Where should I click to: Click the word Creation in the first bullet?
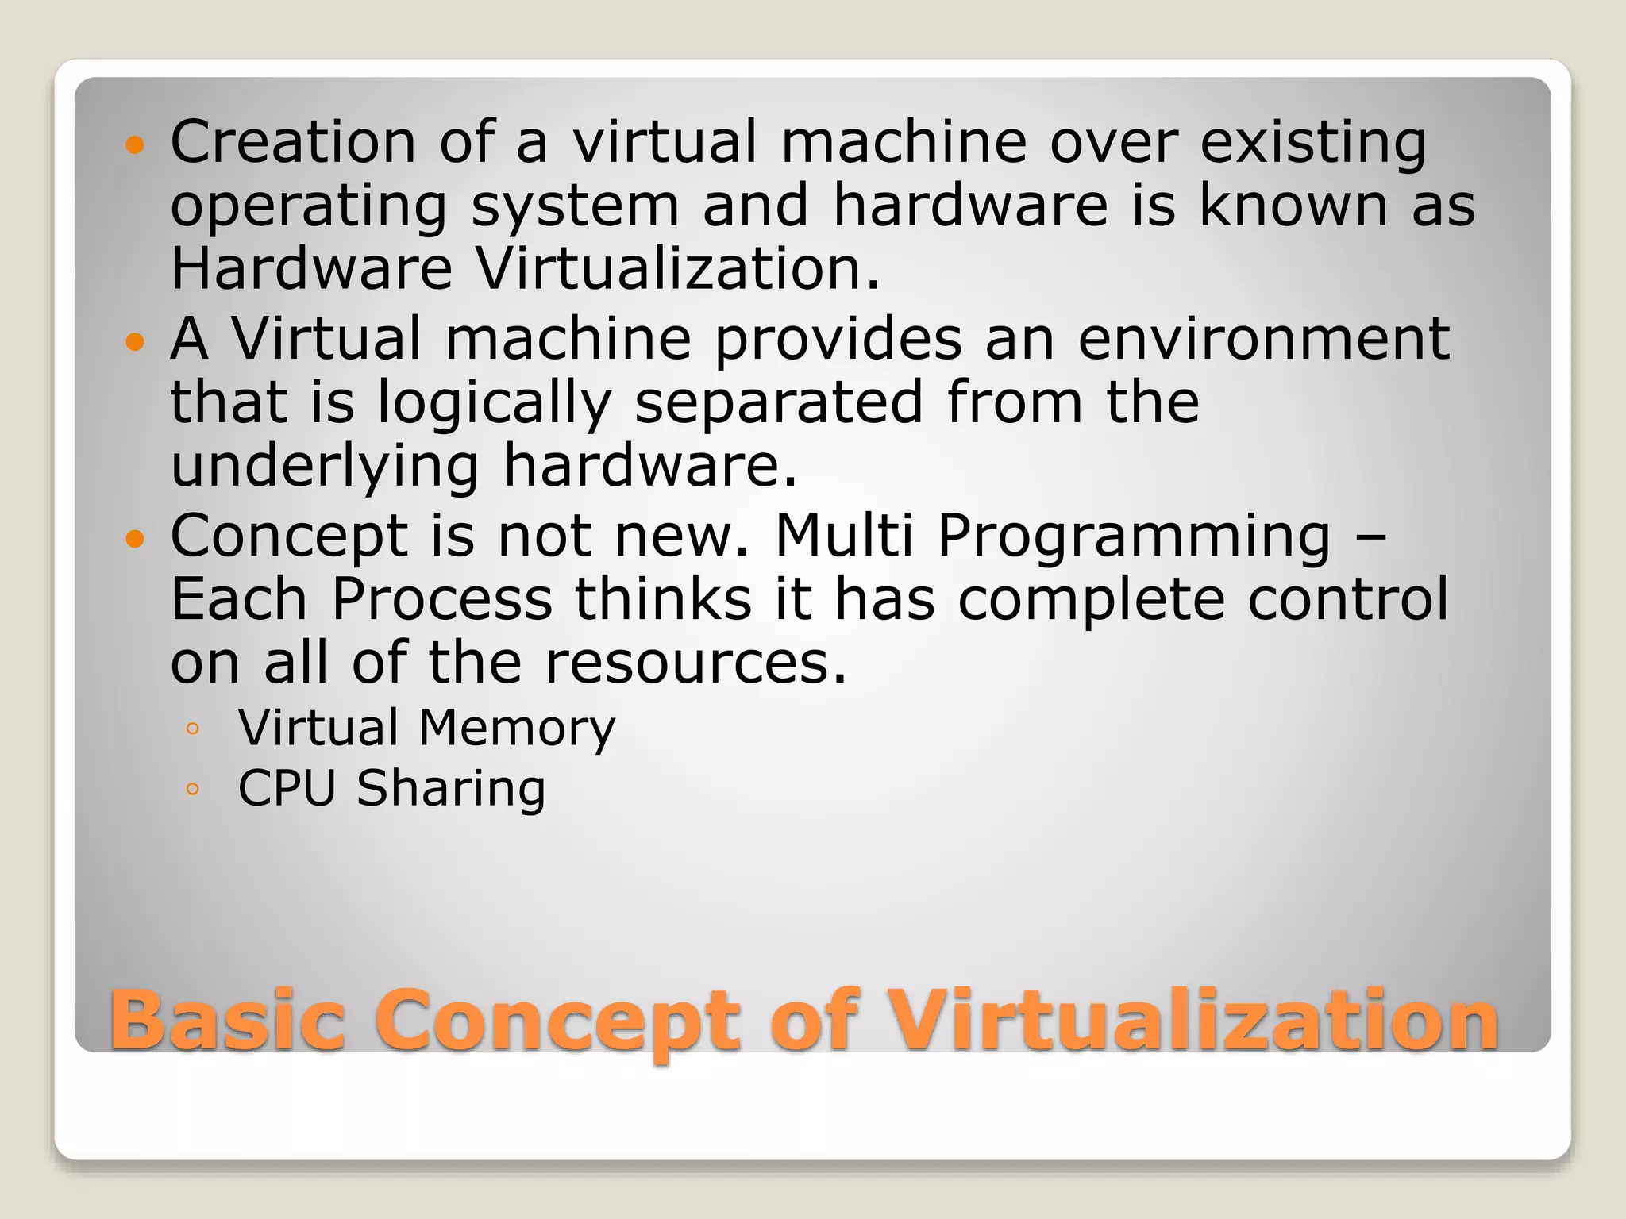[293, 142]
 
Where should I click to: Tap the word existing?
[1313, 144]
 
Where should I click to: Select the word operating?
[309, 206]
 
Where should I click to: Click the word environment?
[1264, 339]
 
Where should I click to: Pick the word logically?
[494, 403]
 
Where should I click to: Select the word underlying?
[325, 467]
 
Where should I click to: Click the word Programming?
[1134, 537]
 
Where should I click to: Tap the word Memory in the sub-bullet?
[517, 729]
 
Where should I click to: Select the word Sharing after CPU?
[451, 790]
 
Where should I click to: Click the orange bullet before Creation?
[136, 145]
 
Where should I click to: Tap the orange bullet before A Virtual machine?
[136, 342]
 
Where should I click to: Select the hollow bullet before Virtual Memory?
[192, 729]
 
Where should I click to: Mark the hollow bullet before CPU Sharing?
[192, 789]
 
